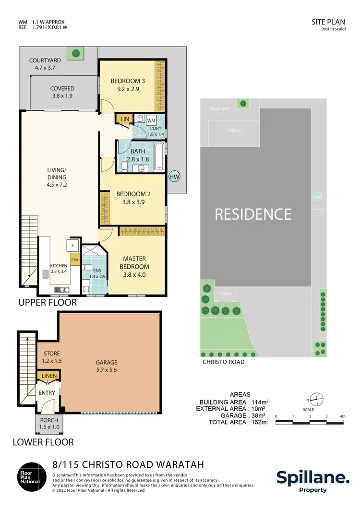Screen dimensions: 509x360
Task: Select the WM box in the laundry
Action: (151, 120)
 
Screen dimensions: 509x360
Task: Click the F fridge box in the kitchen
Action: (72, 245)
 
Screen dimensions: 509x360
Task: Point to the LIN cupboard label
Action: (124, 118)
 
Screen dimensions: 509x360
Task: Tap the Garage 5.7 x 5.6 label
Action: (106, 367)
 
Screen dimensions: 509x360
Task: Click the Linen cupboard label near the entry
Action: (49, 376)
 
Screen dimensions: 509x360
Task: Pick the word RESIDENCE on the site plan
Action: (253, 213)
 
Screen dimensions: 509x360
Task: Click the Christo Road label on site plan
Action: (224, 362)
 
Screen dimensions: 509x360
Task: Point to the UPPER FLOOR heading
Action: (47, 303)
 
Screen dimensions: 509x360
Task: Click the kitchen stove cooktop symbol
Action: (46, 274)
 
